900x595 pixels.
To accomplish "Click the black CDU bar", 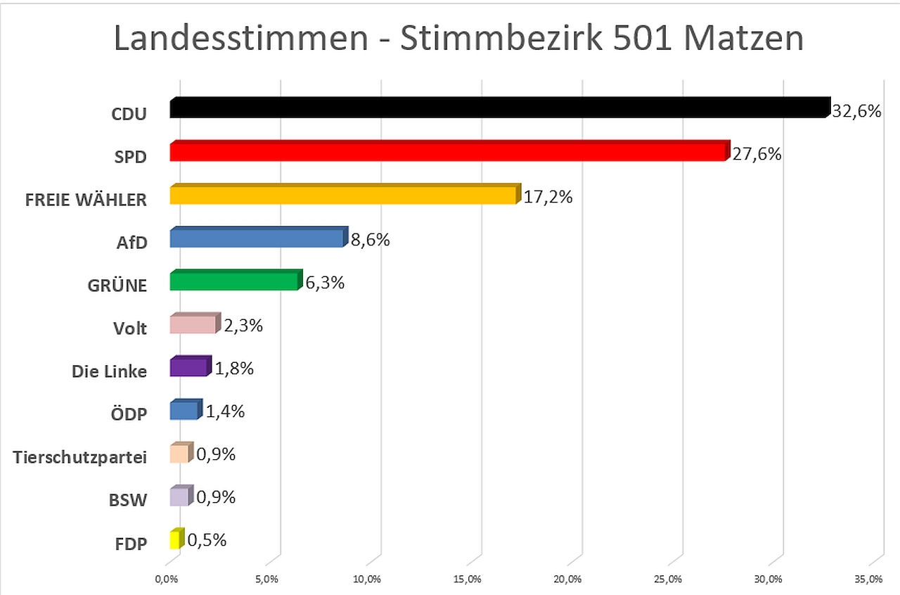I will tap(499, 108).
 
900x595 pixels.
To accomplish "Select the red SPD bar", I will tap(449, 152).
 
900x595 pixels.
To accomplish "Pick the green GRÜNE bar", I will tap(236, 281).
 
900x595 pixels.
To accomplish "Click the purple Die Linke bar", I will tap(190, 368).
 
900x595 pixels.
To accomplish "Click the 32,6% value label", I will tap(856, 111).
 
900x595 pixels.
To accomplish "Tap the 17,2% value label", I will tap(548, 198).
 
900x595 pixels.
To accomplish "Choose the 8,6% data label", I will tap(369, 241).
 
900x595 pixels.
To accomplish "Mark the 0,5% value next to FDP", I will tap(207, 540).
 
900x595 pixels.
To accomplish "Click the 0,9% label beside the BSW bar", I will tap(215, 497).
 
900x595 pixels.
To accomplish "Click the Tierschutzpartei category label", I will tap(80, 457).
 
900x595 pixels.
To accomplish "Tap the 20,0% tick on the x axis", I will tap(567, 579).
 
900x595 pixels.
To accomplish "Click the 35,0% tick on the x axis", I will tap(868, 579).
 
